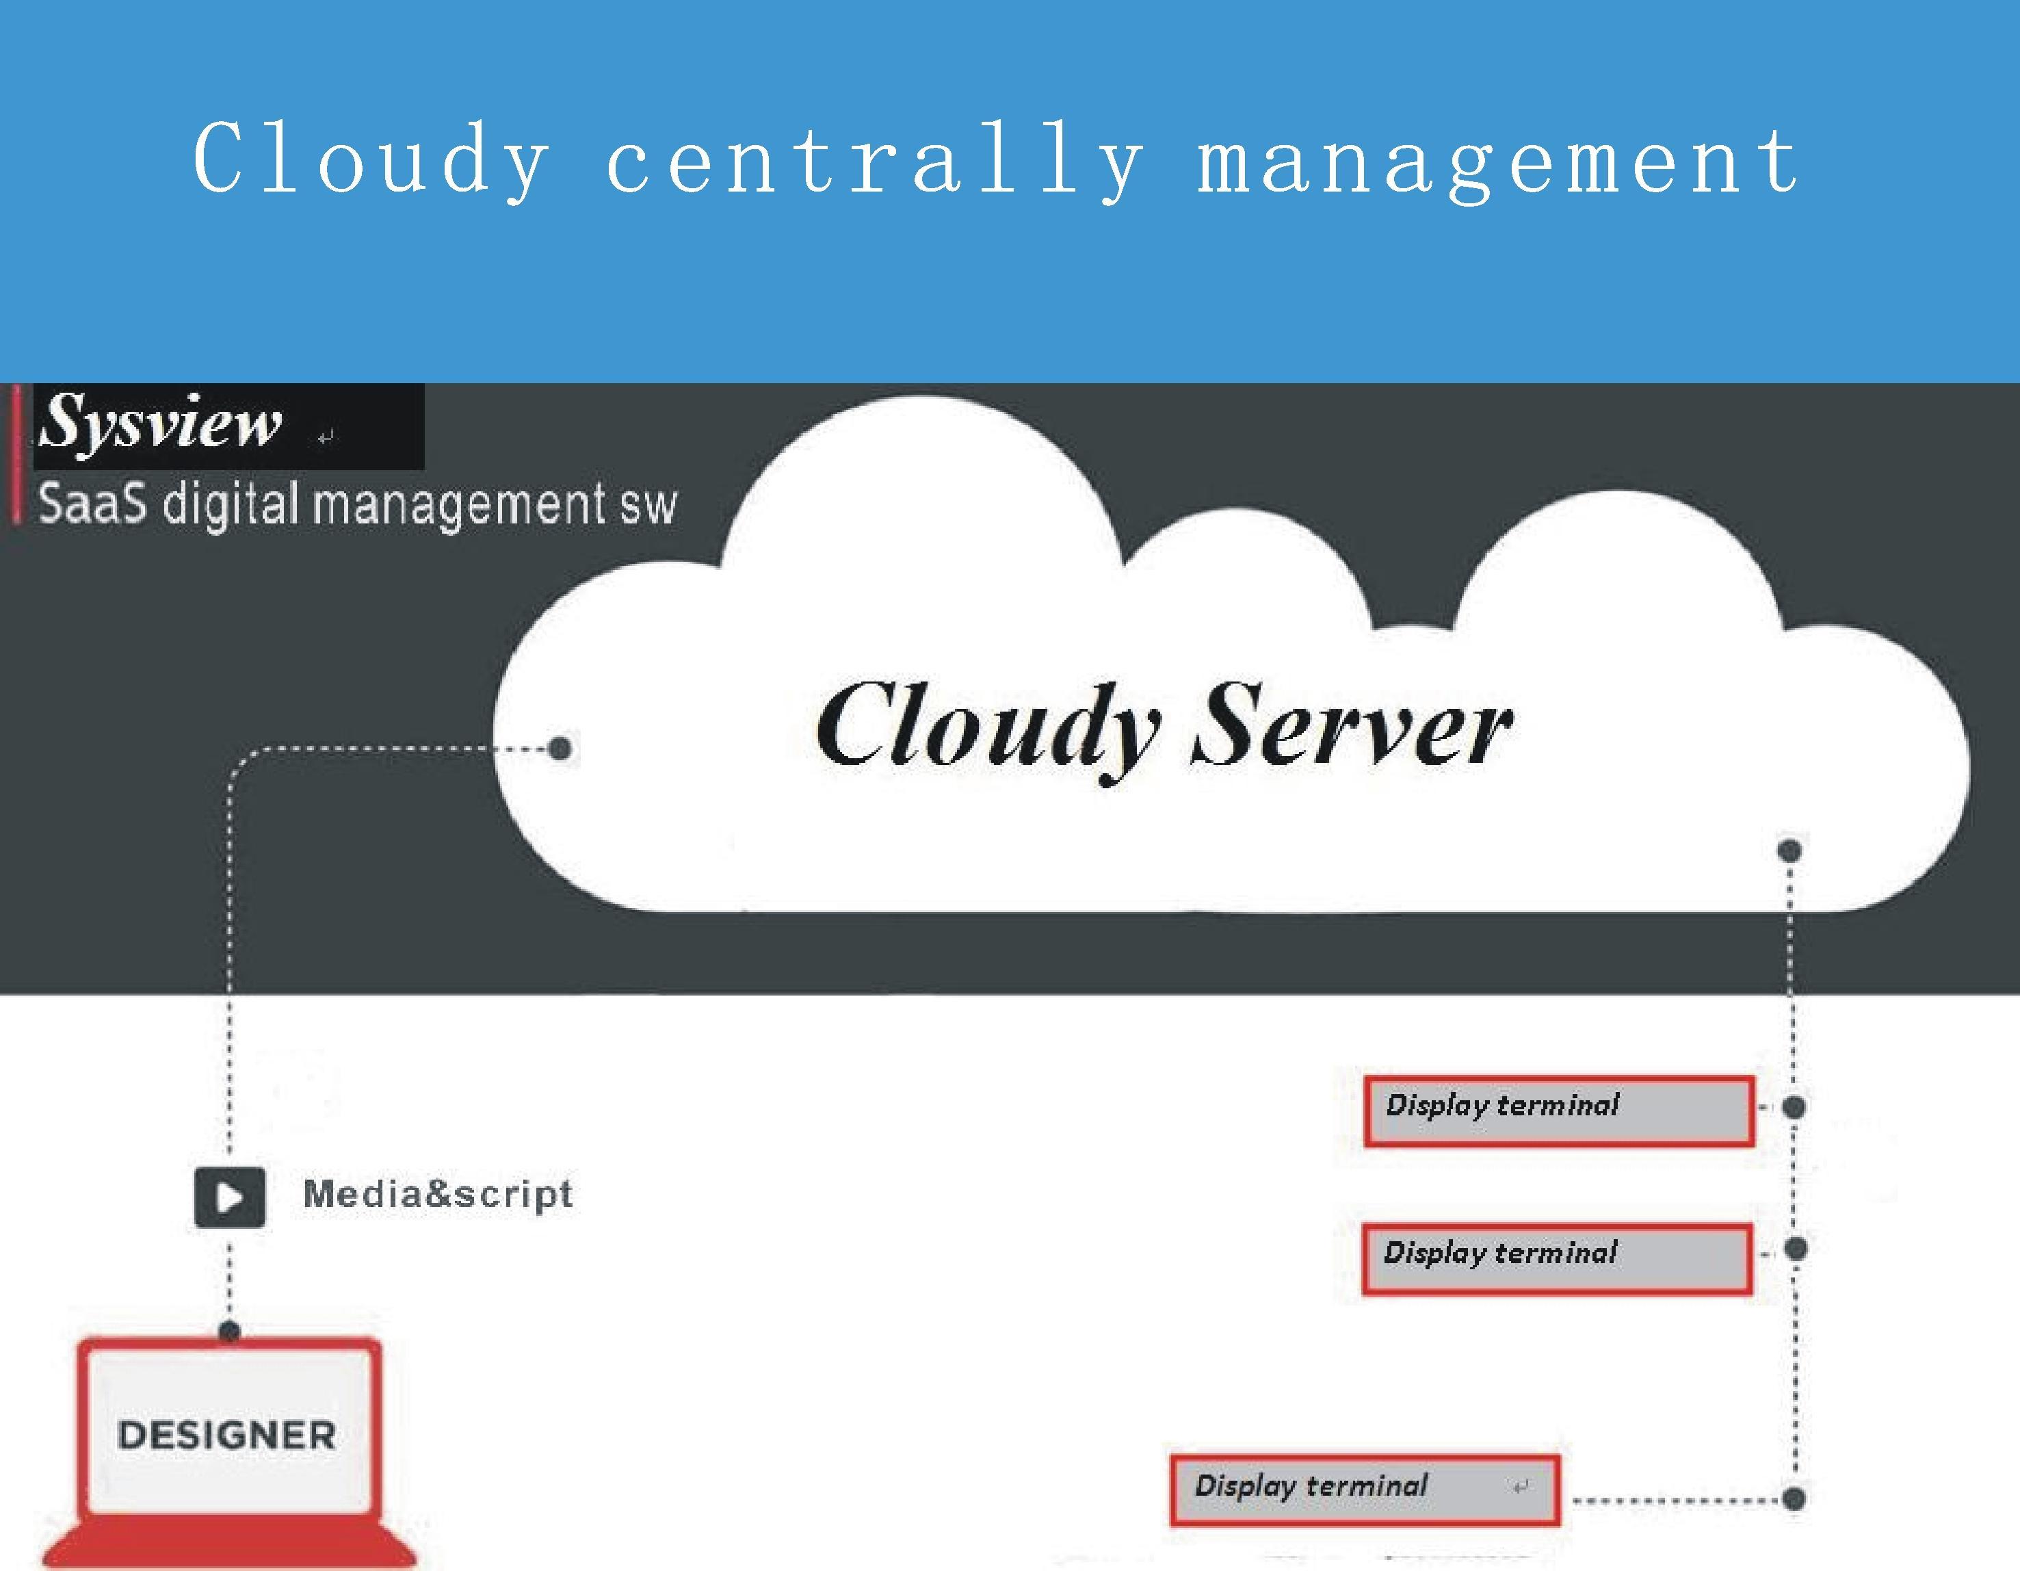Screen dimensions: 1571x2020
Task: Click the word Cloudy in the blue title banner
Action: tap(370, 159)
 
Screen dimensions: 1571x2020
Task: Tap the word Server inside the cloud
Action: tap(1352, 726)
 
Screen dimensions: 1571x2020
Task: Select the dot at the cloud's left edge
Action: tap(560, 748)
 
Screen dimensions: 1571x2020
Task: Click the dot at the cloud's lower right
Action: tap(1789, 849)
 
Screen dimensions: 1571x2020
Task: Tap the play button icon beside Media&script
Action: tap(229, 1197)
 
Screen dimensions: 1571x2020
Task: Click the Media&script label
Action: tap(438, 1193)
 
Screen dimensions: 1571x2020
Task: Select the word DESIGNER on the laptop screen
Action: tap(226, 1435)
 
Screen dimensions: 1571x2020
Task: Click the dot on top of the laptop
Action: tap(229, 1332)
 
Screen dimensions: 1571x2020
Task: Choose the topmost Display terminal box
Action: tap(1558, 1111)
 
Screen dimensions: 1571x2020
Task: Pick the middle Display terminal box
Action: tap(1557, 1258)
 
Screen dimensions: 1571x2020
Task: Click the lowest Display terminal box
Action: tap(1364, 1490)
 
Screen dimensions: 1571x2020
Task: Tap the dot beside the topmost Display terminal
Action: tap(1794, 1106)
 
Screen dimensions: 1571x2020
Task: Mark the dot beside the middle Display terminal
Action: tap(1795, 1249)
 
